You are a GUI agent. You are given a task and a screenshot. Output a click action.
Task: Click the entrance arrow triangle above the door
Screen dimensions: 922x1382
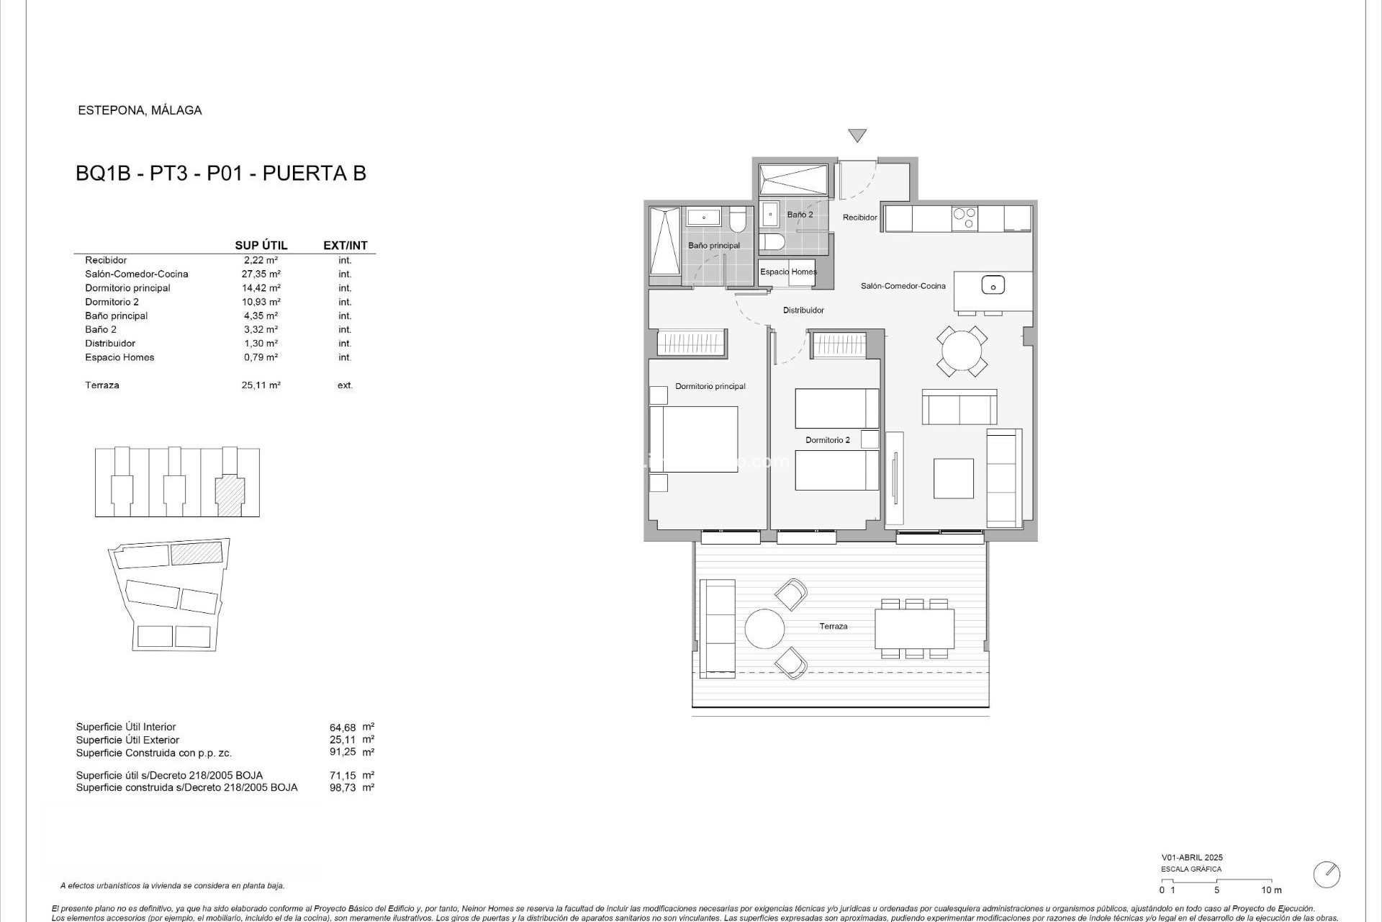[x=857, y=135]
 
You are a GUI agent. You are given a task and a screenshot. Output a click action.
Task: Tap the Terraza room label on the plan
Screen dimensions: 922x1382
[x=833, y=627]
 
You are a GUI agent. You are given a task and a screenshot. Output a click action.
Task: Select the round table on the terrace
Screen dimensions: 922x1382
[x=764, y=629]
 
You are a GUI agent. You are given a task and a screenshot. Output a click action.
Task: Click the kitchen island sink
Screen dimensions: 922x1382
[x=993, y=285]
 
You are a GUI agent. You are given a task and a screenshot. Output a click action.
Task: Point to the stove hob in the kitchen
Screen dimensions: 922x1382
[x=964, y=218]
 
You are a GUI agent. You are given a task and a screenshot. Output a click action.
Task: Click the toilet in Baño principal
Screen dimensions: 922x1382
[x=738, y=219]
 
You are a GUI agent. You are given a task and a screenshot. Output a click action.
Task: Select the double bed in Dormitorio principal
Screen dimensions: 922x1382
[x=695, y=439]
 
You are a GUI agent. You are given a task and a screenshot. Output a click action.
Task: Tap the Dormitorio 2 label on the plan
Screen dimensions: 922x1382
[x=827, y=440]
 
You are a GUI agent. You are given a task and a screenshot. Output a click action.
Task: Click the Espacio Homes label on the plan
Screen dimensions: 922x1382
[x=788, y=272]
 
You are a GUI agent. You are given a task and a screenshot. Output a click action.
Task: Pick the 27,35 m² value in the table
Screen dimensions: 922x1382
[x=261, y=274]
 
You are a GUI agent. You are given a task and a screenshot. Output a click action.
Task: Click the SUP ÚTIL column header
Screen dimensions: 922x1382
[x=261, y=246]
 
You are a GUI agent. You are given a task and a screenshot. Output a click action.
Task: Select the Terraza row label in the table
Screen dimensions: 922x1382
[x=102, y=385]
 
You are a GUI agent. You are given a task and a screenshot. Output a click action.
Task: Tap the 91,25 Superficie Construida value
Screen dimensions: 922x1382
[x=343, y=752]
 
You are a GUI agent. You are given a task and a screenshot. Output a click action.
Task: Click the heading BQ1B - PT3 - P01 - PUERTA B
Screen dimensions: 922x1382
[x=221, y=174]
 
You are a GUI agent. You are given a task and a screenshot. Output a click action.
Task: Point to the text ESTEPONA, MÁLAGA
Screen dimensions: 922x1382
[x=140, y=110]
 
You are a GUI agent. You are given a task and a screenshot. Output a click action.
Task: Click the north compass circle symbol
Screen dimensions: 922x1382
[x=1327, y=874]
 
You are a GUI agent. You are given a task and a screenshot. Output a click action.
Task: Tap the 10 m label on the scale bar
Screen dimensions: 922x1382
[x=1271, y=890]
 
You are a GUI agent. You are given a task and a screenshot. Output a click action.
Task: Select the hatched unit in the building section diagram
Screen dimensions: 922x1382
[x=230, y=495]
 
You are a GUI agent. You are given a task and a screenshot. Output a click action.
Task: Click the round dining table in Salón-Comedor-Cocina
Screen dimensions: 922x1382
[x=962, y=352]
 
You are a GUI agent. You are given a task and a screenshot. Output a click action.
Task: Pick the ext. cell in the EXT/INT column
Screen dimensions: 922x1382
[x=345, y=385]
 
